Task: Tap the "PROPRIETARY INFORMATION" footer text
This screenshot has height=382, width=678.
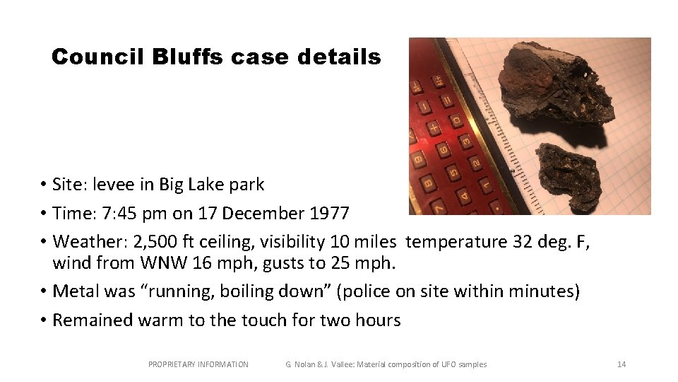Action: tap(198, 364)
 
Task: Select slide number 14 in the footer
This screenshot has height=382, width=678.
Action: tap(621, 364)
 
